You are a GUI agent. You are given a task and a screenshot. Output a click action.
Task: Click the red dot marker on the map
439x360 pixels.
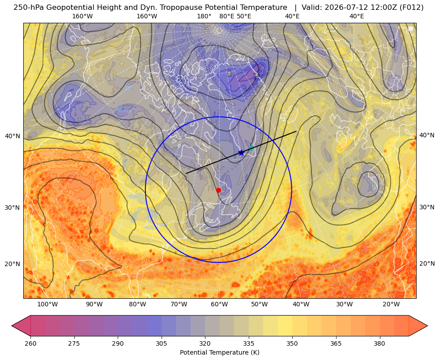(218, 190)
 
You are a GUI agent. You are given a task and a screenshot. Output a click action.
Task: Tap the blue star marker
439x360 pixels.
(241, 153)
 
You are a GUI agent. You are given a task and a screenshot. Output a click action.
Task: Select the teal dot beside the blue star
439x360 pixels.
(251, 148)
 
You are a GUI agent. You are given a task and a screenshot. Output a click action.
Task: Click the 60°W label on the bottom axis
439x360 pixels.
(219, 304)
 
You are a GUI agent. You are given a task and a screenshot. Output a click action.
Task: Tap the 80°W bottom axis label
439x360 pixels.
(137, 304)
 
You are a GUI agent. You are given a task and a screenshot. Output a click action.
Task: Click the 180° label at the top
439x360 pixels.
(204, 16)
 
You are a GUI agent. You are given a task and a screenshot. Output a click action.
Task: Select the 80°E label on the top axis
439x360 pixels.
(226, 16)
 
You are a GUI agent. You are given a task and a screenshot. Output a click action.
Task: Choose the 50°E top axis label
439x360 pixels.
(244, 16)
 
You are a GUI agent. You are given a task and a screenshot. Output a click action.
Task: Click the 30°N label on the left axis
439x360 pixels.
(13, 208)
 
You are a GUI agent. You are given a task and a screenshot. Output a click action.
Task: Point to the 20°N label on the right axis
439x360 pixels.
(427, 263)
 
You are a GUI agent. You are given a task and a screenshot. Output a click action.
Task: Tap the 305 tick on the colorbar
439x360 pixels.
(161, 343)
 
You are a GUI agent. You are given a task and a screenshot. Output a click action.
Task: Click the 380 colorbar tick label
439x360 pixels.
(379, 343)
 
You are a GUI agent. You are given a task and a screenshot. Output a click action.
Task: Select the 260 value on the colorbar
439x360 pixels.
(30, 343)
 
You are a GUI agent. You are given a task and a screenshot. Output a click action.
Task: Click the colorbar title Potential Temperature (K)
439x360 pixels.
(219, 352)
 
